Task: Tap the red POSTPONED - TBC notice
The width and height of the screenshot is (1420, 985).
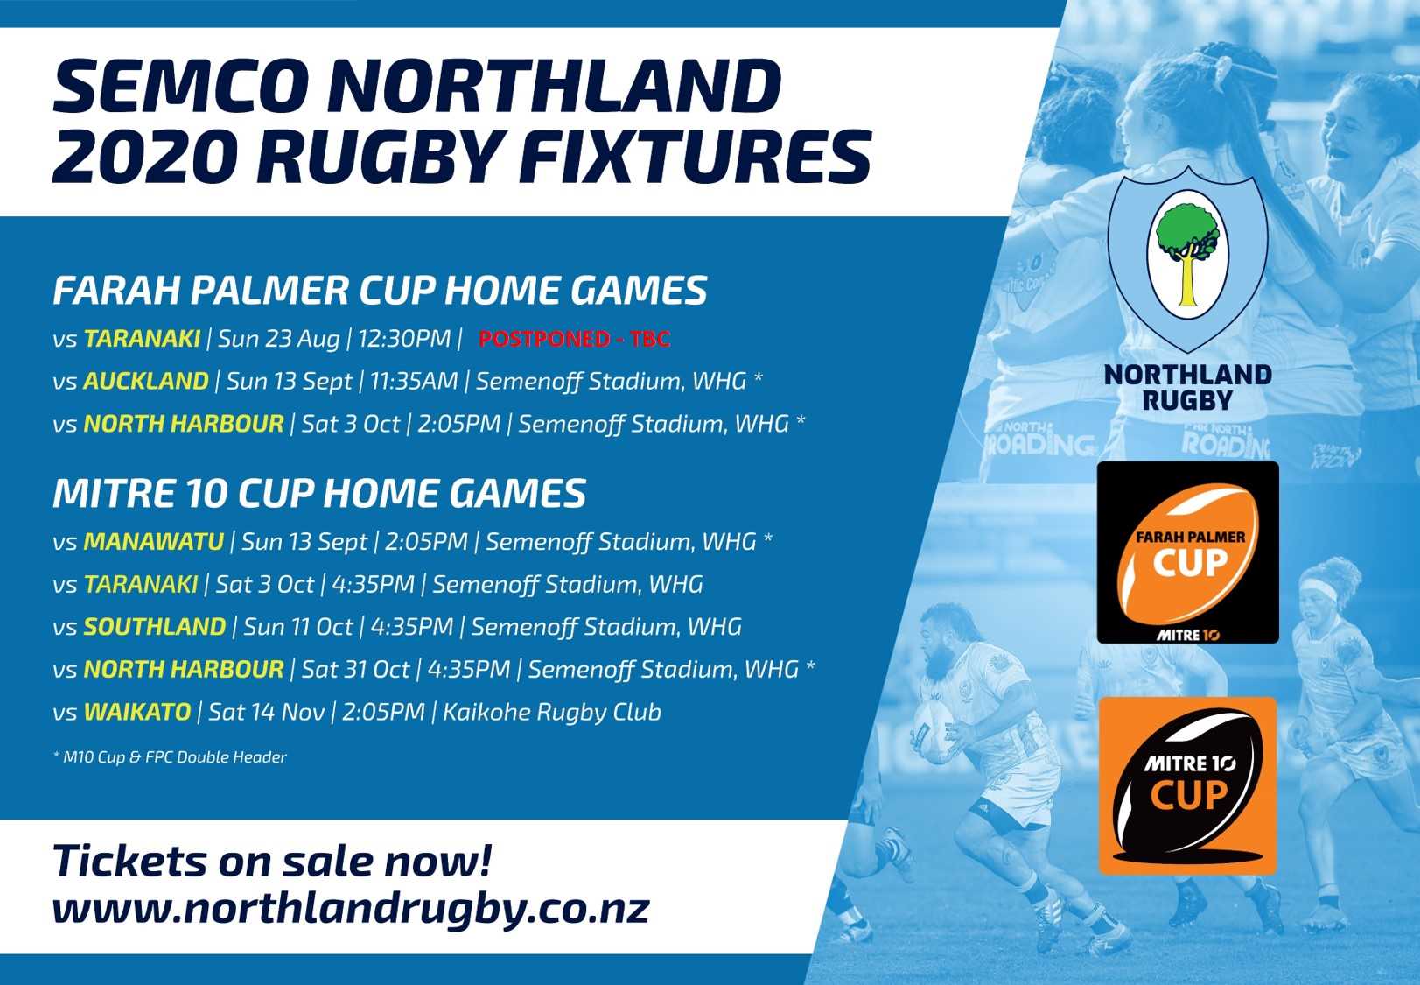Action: (x=574, y=340)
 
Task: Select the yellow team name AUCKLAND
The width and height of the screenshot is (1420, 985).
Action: (x=146, y=381)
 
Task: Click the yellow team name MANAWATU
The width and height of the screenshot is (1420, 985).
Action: (x=153, y=542)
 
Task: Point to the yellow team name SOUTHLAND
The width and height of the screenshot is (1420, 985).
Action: (x=155, y=627)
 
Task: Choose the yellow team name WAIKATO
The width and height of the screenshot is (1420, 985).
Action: (x=137, y=712)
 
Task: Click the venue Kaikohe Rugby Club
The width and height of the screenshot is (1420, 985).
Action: (x=551, y=713)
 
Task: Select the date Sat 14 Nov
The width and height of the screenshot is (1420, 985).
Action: (x=266, y=712)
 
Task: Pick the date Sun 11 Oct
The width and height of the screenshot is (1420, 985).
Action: (x=297, y=627)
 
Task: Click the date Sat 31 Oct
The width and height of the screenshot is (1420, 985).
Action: (x=355, y=669)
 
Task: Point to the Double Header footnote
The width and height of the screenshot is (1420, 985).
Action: (x=170, y=756)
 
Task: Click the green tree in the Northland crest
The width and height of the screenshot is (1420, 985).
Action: (x=1187, y=240)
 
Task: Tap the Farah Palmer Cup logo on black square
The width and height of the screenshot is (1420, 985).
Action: (x=1188, y=552)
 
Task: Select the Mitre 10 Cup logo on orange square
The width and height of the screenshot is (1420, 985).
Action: (x=1187, y=786)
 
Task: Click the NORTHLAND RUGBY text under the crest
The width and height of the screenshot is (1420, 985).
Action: (x=1187, y=388)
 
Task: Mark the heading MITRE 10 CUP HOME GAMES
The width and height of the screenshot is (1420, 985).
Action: (x=319, y=494)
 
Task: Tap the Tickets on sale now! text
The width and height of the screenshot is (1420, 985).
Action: (x=273, y=861)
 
